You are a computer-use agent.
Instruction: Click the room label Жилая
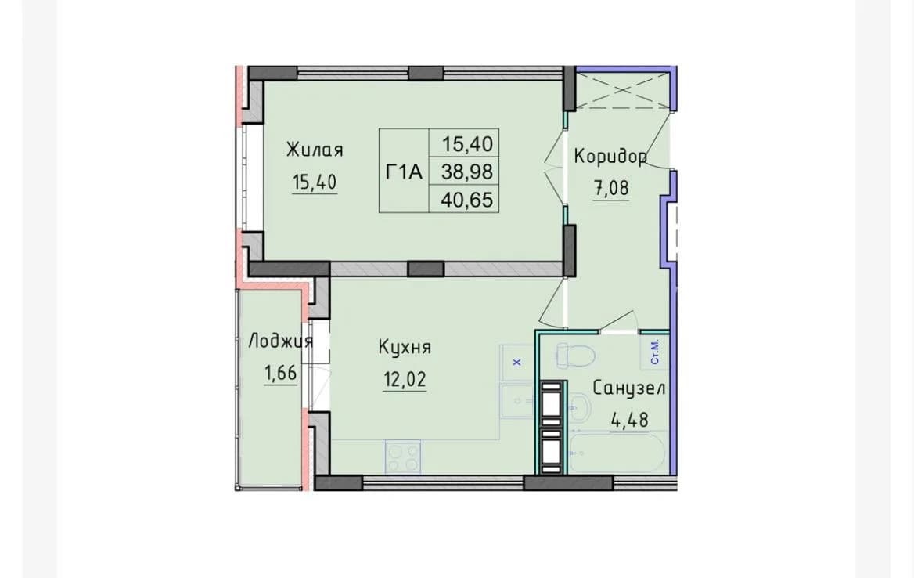(315, 150)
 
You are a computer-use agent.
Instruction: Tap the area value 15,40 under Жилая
(315, 182)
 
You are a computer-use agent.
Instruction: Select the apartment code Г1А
(404, 172)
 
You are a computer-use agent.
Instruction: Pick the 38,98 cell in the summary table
(467, 172)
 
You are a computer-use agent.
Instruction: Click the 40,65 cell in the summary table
(467, 200)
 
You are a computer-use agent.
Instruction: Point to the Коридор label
(610, 157)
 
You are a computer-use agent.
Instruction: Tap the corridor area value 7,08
(611, 188)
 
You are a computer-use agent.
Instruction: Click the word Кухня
(405, 347)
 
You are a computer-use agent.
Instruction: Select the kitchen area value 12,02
(405, 379)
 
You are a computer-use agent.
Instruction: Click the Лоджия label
(280, 341)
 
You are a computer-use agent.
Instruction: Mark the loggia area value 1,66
(281, 373)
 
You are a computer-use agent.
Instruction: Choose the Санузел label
(629, 388)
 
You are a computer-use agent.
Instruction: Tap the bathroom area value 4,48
(629, 419)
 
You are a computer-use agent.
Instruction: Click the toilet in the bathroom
(574, 356)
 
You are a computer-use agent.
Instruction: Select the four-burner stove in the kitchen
(403, 457)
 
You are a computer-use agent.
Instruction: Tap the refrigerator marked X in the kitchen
(516, 363)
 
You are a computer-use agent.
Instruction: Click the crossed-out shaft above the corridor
(622, 89)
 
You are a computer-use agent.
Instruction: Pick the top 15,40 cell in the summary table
(467, 143)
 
